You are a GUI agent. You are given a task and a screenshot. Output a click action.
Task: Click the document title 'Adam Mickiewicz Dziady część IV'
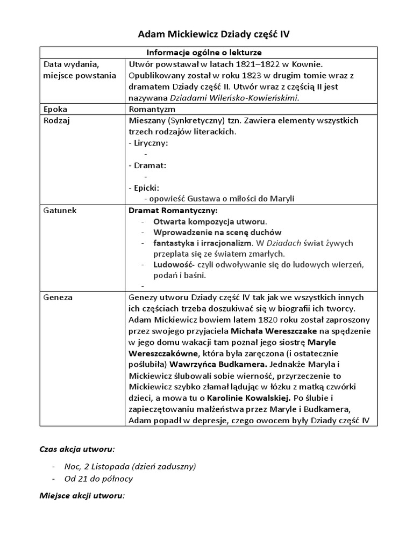click(x=213, y=34)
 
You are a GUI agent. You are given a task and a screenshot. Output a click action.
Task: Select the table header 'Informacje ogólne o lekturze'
click(x=204, y=53)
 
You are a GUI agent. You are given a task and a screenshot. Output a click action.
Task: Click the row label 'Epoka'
click(x=54, y=109)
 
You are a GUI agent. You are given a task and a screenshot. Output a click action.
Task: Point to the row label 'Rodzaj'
click(x=56, y=120)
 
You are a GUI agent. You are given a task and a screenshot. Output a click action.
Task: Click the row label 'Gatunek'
click(x=60, y=211)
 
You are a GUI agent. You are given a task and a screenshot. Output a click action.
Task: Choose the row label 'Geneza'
click(x=58, y=297)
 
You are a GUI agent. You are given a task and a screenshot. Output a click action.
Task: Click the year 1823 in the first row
click(x=219, y=75)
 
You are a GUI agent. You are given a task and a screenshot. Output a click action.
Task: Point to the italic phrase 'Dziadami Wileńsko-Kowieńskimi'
click(x=234, y=98)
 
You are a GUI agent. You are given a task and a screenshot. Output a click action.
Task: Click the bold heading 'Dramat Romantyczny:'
click(x=173, y=211)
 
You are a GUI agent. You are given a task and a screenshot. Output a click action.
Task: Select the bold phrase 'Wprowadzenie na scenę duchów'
click(x=217, y=233)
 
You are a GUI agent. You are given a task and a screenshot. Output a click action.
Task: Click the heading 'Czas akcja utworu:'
click(x=77, y=448)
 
